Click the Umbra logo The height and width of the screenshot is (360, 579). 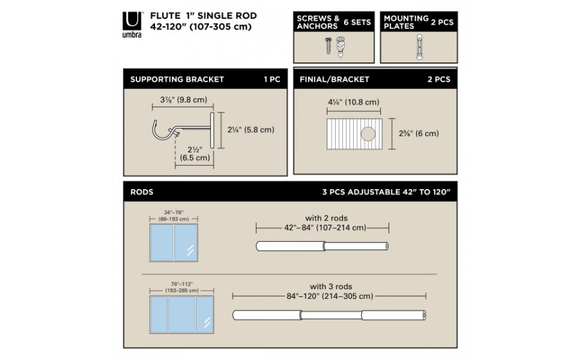[x=132, y=24]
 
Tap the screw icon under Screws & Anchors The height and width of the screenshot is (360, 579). [x=328, y=46]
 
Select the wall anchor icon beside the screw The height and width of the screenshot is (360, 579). [x=340, y=47]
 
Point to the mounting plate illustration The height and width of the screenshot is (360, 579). [x=419, y=47]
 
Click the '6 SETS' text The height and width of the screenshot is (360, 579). [x=357, y=22]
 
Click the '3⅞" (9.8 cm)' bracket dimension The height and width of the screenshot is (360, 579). [x=183, y=100]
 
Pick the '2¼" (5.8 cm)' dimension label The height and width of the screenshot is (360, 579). [x=251, y=130]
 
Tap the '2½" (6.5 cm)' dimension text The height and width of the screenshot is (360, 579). [x=195, y=154]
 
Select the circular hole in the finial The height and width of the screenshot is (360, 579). [x=368, y=134]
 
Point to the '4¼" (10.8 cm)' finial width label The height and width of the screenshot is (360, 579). [x=354, y=102]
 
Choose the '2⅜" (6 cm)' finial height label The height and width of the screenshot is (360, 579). [x=419, y=134]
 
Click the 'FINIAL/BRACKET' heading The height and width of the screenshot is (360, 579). [x=334, y=79]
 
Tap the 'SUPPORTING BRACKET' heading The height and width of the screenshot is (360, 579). [x=177, y=79]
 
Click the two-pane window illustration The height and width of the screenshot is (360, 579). [x=174, y=243]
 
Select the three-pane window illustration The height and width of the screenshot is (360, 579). [x=181, y=314]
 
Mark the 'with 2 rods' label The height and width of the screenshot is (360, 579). [x=326, y=218]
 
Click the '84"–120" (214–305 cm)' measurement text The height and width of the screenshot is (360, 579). [x=330, y=296]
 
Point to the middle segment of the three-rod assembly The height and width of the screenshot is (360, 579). [x=331, y=316]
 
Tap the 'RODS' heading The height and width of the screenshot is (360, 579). [x=142, y=192]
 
